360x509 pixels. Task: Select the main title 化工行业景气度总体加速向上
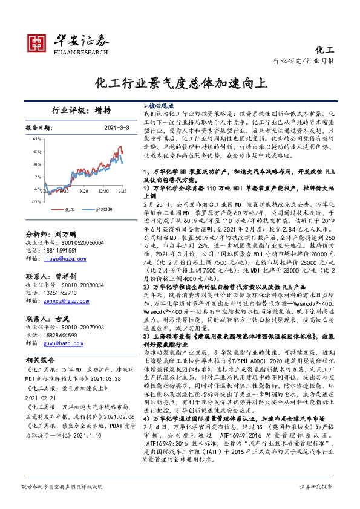(180, 82)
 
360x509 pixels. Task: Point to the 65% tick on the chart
(37, 138)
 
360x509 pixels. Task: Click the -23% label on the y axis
(36, 201)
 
